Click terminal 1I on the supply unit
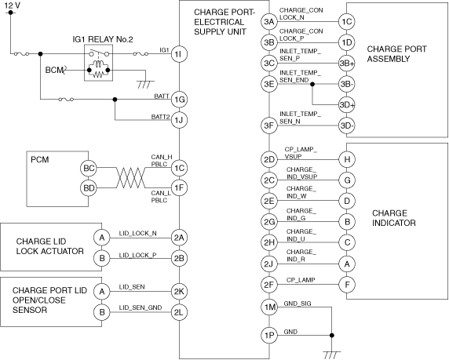(x=179, y=54)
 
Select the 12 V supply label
(x=13, y=5)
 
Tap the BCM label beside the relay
(x=54, y=70)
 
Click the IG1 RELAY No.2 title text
(x=103, y=39)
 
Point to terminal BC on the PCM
(x=89, y=168)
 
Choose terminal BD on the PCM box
(x=89, y=188)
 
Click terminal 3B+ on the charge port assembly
(x=347, y=64)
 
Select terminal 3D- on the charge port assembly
(x=347, y=125)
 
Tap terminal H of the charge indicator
(x=347, y=159)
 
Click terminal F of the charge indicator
(x=347, y=285)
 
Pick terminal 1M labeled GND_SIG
(x=269, y=307)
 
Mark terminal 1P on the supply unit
(x=269, y=335)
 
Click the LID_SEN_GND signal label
(x=141, y=307)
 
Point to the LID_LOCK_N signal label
(x=137, y=233)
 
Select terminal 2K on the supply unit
(x=179, y=291)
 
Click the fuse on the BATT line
(x=66, y=100)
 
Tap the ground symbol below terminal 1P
(x=332, y=355)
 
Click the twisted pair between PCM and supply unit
(x=130, y=178)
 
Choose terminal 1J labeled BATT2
(x=179, y=120)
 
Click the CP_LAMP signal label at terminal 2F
(x=301, y=280)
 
